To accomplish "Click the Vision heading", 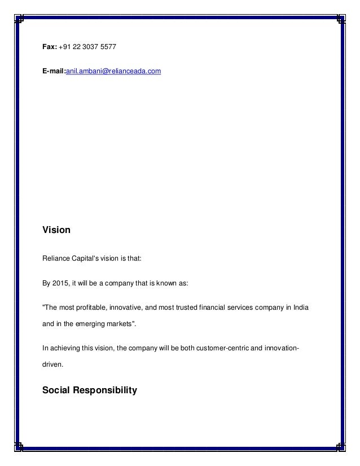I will click(x=56, y=230).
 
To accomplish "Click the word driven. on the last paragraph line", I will click(x=53, y=364).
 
